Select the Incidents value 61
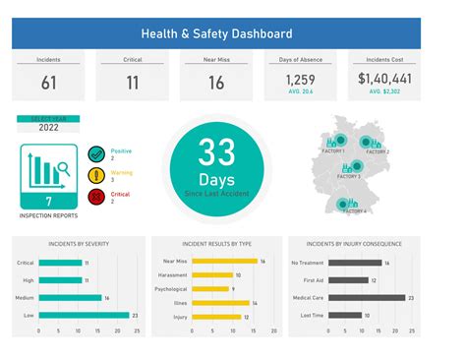(x=49, y=83)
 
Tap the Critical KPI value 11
(x=132, y=83)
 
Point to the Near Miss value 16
(x=215, y=83)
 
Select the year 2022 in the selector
(x=48, y=127)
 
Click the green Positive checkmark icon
(x=96, y=153)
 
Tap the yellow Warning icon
(x=96, y=175)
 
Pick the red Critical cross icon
(x=96, y=197)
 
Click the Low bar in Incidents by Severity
(x=84, y=315)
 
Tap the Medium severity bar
(x=70, y=297)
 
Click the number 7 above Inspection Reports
(x=48, y=202)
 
